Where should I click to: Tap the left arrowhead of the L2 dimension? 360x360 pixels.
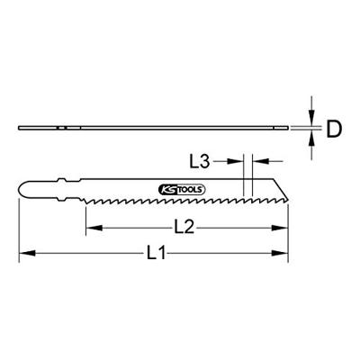pos(89,228)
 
